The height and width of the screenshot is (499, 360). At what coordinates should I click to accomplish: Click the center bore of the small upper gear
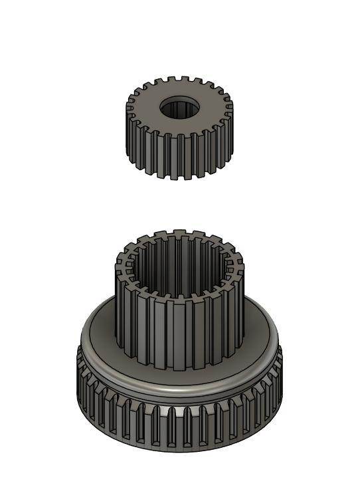tap(179, 108)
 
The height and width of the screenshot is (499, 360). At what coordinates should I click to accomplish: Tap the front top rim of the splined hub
tap(179, 297)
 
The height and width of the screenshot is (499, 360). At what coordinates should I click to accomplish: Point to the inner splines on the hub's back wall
tap(179, 256)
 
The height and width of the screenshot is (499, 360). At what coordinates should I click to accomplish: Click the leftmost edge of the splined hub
tap(117, 292)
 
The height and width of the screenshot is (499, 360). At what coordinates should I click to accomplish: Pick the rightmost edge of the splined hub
tap(243, 292)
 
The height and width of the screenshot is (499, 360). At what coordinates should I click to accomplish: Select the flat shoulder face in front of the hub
tap(179, 379)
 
